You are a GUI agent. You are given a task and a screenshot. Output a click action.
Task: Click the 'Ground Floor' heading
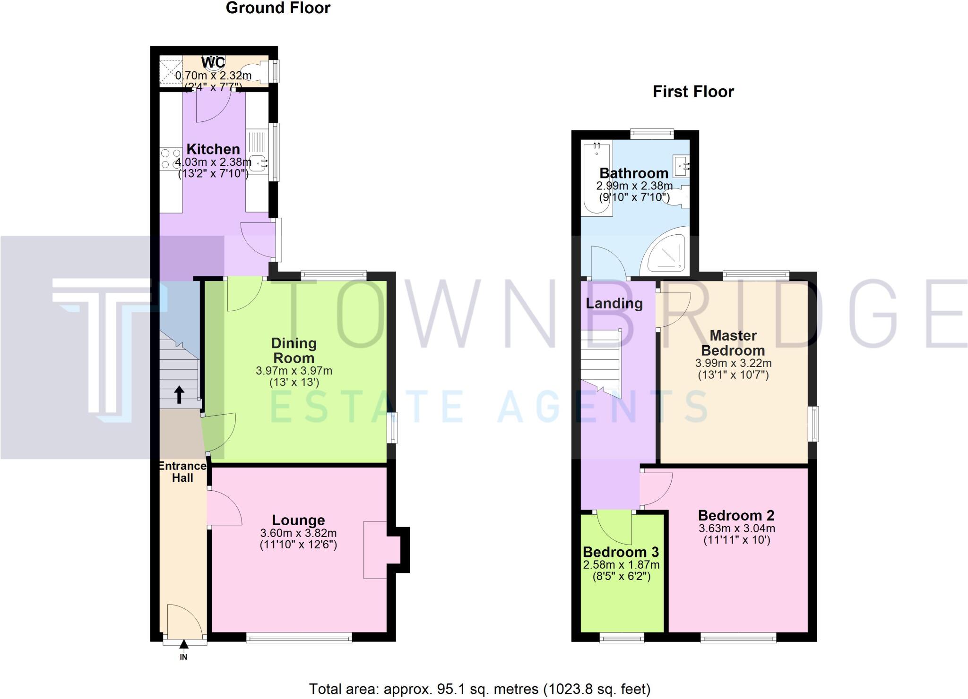coord(278,8)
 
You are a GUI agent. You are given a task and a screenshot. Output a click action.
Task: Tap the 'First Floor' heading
coord(693,92)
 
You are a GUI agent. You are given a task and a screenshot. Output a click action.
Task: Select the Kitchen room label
coord(213,149)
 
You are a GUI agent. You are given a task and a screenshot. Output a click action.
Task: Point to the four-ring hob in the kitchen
coord(171,159)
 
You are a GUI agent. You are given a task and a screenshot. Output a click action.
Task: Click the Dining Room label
coord(294,350)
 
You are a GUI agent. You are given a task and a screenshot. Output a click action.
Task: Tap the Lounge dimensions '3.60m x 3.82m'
coord(298,533)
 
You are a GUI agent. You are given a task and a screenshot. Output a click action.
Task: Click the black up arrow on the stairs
coord(180,395)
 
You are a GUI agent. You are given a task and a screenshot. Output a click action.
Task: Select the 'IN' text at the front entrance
coord(183,657)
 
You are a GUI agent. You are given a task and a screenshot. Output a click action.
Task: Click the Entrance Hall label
coord(182,472)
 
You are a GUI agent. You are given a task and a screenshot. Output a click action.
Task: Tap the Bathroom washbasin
coord(682,166)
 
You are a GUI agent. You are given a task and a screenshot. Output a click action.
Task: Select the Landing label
coord(614,303)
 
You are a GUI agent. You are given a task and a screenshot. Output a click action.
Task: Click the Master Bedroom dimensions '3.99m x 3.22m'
coord(733,363)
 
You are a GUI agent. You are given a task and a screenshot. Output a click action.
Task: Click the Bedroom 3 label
coord(621,552)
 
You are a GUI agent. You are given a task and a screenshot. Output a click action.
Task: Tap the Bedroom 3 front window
coord(622,638)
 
